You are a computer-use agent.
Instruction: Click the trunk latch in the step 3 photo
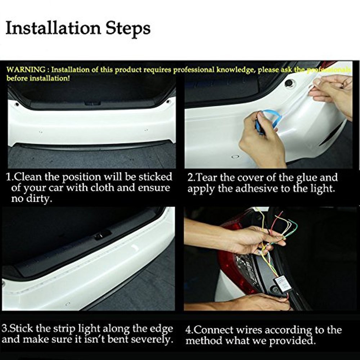(102, 235)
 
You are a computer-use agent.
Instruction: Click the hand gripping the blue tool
(257, 142)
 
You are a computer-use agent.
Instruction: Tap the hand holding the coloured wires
(252, 239)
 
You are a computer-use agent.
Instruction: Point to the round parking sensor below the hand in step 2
(235, 157)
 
